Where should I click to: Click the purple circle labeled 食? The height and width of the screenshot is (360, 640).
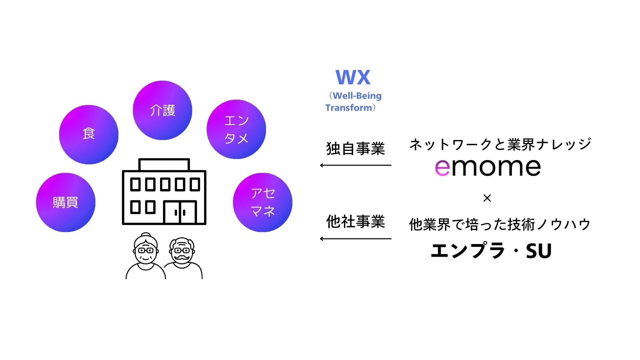89,134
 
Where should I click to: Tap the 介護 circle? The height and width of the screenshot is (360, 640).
162,110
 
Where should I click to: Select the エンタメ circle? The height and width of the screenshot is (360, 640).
236,129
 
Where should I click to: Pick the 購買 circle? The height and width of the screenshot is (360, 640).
66,202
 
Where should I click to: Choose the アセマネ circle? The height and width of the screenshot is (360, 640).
263,202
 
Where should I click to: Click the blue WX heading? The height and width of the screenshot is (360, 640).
353,77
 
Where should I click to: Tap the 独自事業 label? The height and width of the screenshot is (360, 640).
355,148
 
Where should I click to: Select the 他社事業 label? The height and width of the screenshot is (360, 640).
355,222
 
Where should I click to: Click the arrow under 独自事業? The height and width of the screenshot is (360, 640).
355,165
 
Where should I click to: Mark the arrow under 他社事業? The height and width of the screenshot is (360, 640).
355,239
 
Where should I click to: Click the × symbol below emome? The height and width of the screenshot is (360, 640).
487,198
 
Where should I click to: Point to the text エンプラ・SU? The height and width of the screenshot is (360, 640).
491,251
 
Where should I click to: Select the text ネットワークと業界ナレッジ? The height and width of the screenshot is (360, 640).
500,144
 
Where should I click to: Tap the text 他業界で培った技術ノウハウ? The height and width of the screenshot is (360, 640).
500,224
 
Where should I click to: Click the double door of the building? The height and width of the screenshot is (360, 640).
180,212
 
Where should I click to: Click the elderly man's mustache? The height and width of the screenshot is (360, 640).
182,258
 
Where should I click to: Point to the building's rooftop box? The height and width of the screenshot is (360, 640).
164,165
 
